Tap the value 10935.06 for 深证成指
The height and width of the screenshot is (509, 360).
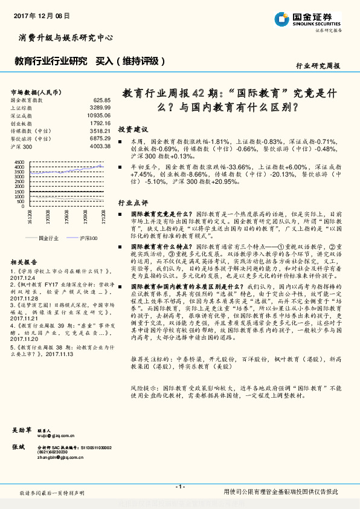99,114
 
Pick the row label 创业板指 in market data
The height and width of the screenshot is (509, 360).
24,122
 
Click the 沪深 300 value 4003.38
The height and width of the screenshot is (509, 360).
100,146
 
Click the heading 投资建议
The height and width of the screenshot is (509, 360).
133,130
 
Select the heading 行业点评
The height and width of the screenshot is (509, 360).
133,202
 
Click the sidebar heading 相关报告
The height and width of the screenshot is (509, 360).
24,262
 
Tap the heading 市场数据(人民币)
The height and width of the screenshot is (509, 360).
37,91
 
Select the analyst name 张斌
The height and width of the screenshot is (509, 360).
18,447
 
